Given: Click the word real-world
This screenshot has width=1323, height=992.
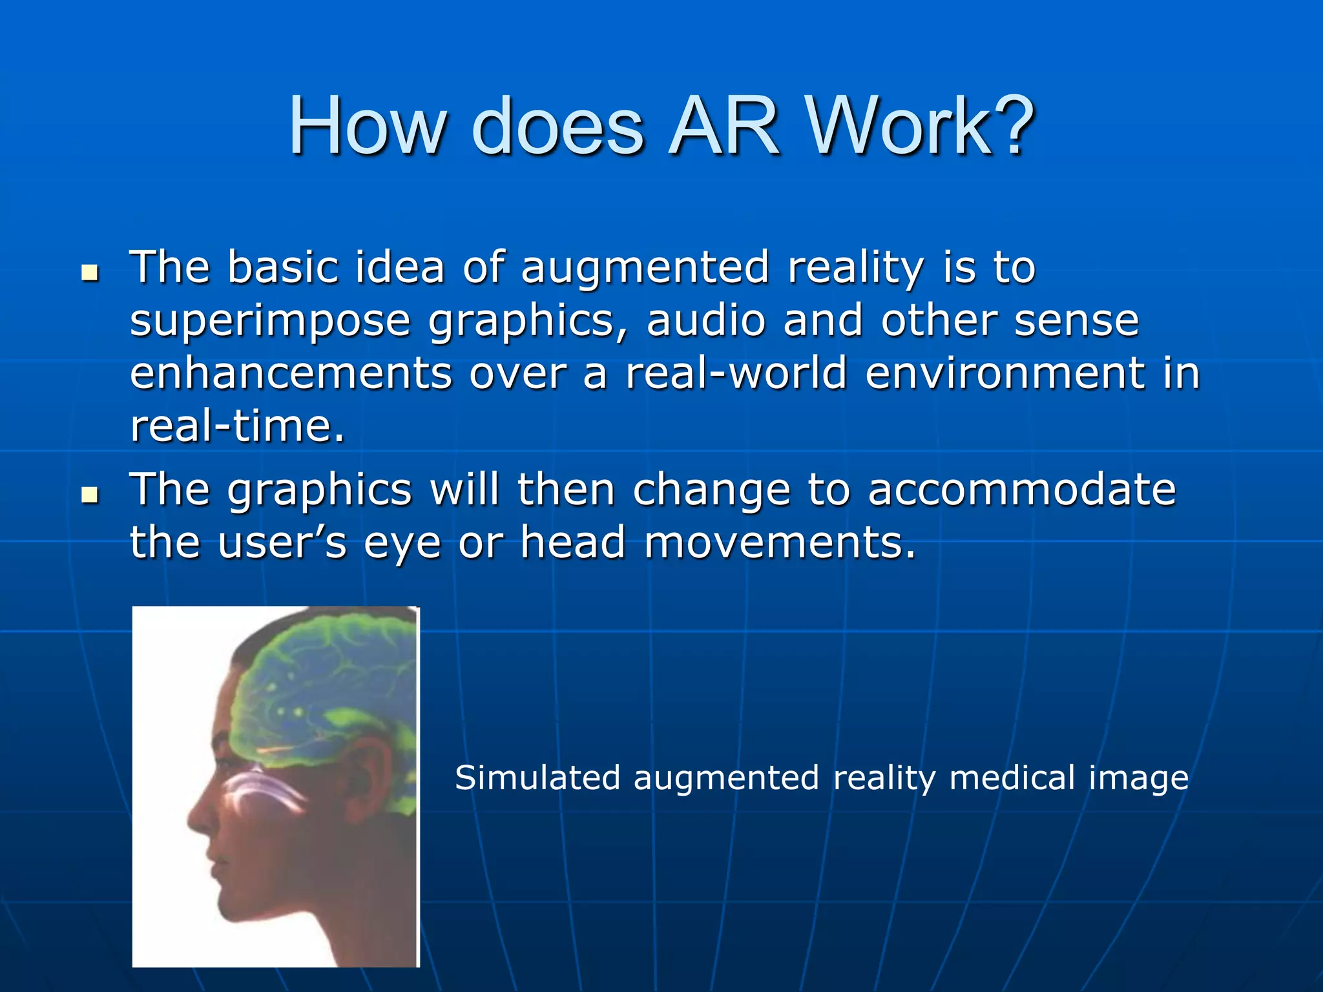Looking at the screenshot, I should [x=736, y=373].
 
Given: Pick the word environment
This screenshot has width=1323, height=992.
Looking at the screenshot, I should [x=1005, y=373].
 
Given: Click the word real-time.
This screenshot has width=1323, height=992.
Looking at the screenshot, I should [x=237, y=426].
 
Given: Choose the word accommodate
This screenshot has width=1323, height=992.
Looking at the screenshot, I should [x=1021, y=489].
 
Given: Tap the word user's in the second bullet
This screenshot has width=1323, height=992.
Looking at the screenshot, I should [x=282, y=542].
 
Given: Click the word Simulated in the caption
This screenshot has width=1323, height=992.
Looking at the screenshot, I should [x=537, y=778].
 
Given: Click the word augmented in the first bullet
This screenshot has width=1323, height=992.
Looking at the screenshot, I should [x=645, y=268].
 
